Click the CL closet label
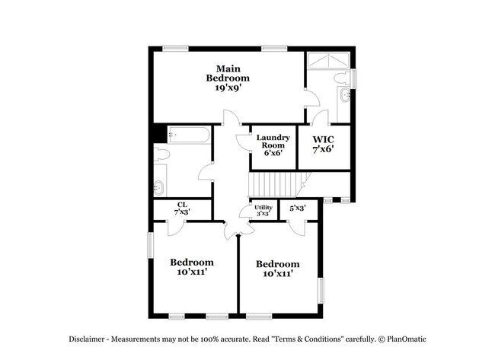182,204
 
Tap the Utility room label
263,207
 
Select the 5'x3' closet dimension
298,206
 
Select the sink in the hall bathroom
159,186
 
